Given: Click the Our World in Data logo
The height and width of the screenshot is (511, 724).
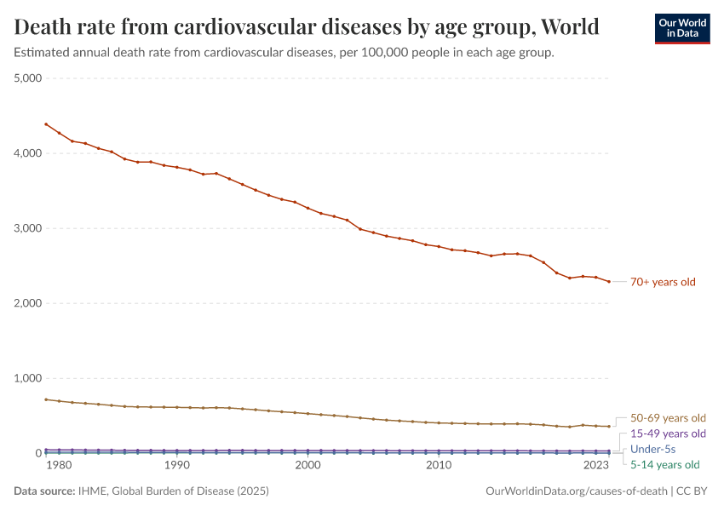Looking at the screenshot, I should [681, 27].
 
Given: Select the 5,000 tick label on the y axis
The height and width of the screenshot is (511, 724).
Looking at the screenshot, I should [28, 78].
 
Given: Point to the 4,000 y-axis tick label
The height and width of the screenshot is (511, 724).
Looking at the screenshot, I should [28, 153].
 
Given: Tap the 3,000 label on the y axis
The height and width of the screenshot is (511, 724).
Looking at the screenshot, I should [28, 228].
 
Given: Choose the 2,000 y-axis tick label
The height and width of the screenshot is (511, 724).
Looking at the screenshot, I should [28, 303].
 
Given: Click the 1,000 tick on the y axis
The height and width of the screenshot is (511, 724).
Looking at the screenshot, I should [28, 378].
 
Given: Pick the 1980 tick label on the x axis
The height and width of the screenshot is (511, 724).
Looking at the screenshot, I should [58, 466].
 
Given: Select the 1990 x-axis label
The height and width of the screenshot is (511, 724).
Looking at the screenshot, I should [176, 466].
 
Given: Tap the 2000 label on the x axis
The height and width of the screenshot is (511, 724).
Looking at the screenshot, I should [307, 466].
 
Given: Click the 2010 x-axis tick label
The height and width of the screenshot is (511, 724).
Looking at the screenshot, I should [439, 466].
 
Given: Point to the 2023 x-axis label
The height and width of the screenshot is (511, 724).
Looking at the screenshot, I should [596, 466].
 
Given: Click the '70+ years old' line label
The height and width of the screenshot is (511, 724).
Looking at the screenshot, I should [663, 282].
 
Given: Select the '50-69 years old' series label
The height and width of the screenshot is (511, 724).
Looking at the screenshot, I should [668, 418].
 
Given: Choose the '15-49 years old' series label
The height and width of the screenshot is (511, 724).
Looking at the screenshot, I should [668, 433].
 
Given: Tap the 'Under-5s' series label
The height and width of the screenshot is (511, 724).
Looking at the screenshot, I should [652, 449].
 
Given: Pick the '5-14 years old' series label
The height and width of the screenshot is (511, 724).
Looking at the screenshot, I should [664, 465].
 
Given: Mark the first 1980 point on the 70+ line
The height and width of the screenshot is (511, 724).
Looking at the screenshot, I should [46, 124].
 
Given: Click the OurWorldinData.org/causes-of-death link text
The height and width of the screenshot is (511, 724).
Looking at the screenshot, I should [577, 491].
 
